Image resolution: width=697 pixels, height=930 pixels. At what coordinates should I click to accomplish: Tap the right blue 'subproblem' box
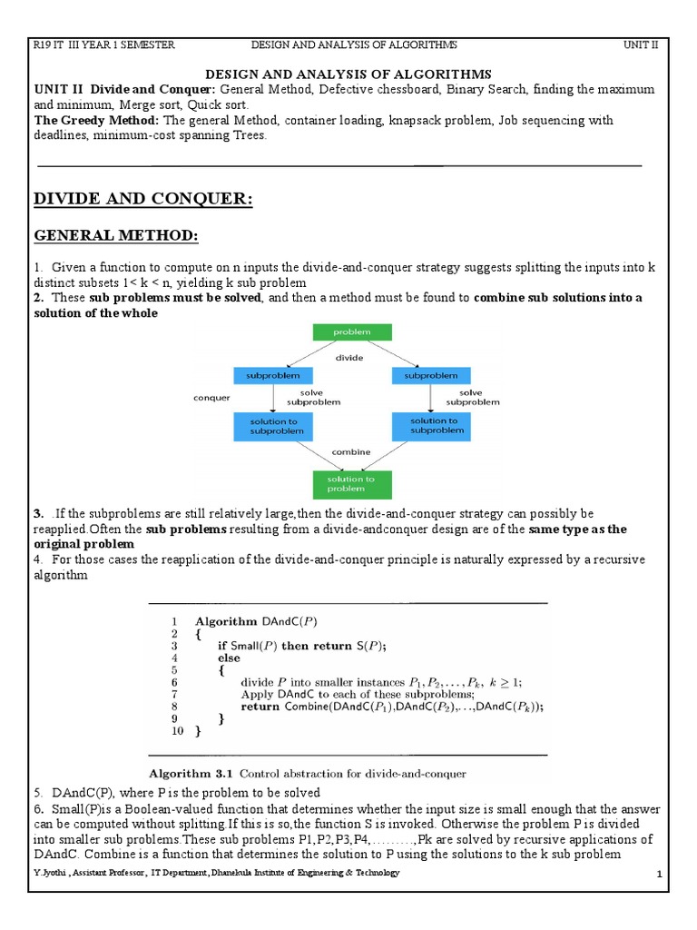[x=430, y=374]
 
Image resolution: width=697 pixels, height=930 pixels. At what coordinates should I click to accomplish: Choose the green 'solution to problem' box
[x=350, y=483]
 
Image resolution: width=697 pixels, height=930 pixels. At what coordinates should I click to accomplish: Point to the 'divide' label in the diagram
[x=349, y=358]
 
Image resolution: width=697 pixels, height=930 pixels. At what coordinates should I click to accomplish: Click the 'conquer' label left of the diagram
[x=211, y=397]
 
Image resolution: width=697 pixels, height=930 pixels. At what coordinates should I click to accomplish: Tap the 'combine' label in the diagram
[x=349, y=450]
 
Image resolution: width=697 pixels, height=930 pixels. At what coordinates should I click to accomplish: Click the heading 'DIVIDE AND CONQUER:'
[x=142, y=199]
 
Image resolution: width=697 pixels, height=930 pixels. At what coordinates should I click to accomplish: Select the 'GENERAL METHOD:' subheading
[x=115, y=236]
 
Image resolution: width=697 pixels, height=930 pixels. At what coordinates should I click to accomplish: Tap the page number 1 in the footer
[x=661, y=874]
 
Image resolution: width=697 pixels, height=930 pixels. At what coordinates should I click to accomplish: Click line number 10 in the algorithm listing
[x=176, y=730]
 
